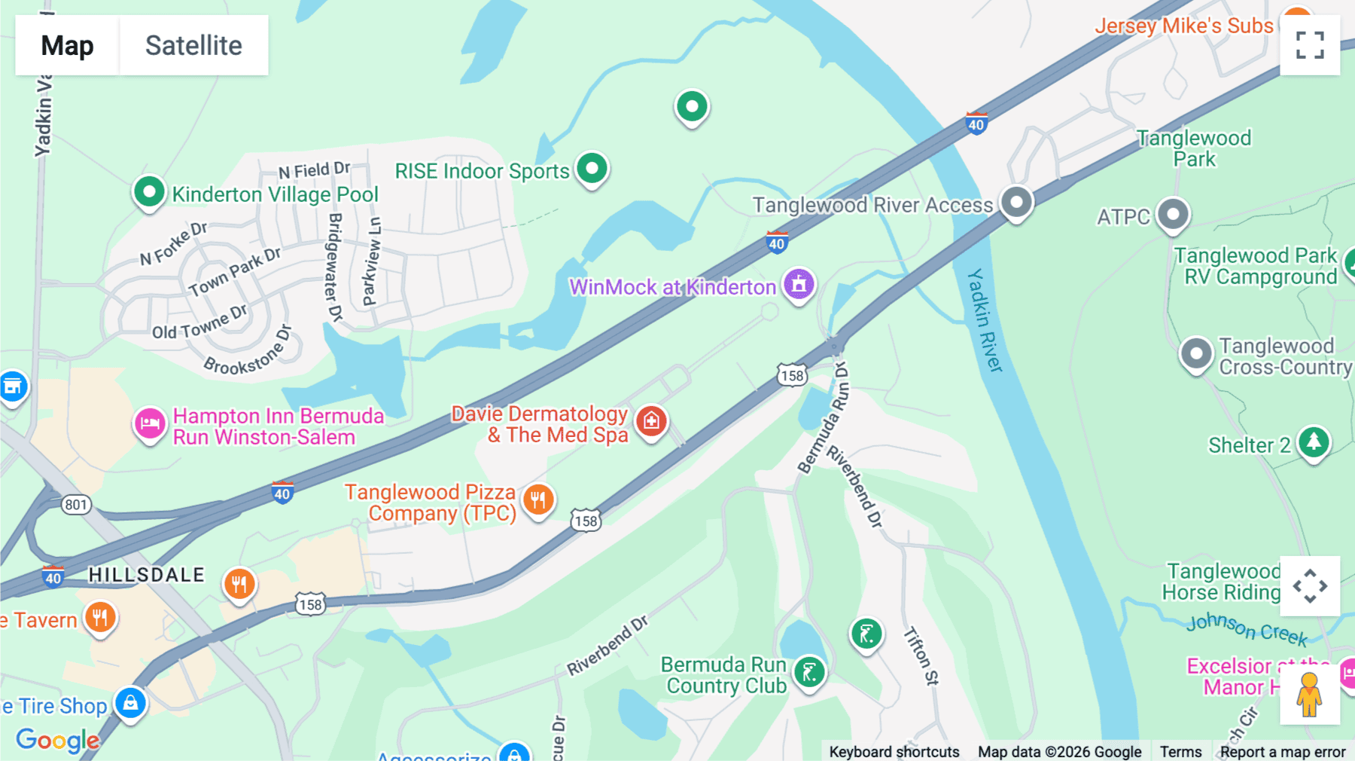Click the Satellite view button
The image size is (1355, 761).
click(193, 45)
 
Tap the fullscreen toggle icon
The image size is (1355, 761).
click(1310, 45)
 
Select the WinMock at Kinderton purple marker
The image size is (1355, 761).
click(799, 285)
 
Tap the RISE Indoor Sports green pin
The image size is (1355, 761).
click(592, 168)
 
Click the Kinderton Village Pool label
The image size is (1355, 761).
click(275, 194)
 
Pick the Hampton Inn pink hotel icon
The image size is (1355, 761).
click(150, 423)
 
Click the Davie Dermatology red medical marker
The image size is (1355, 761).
click(651, 421)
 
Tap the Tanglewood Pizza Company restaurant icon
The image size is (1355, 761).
click(537, 499)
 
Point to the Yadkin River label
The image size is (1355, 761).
click(985, 320)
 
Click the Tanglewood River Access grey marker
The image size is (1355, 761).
click(1016, 202)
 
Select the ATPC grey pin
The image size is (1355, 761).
click(1172, 215)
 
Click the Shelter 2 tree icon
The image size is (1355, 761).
click(1314, 442)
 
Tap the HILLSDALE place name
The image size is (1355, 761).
click(146, 575)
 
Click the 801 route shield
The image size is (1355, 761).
click(76, 505)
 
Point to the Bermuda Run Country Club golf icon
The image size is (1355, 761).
click(809, 671)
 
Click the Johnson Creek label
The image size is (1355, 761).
click(1247, 628)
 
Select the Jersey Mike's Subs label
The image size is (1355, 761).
click(1183, 26)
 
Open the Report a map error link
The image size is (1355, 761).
click(1282, 752)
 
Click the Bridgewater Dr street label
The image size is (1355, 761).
click(335, 267)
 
